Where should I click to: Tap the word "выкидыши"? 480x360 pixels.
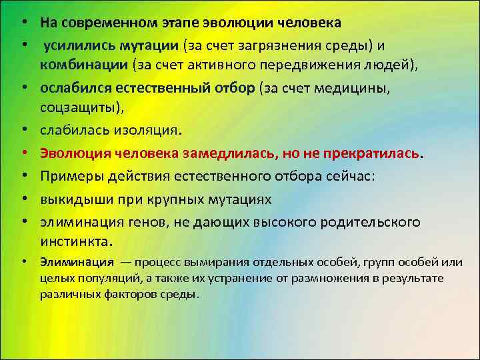(71, 199)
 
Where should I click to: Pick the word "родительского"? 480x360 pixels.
(374, 221)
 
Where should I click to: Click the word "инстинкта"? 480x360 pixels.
(75, 241)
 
